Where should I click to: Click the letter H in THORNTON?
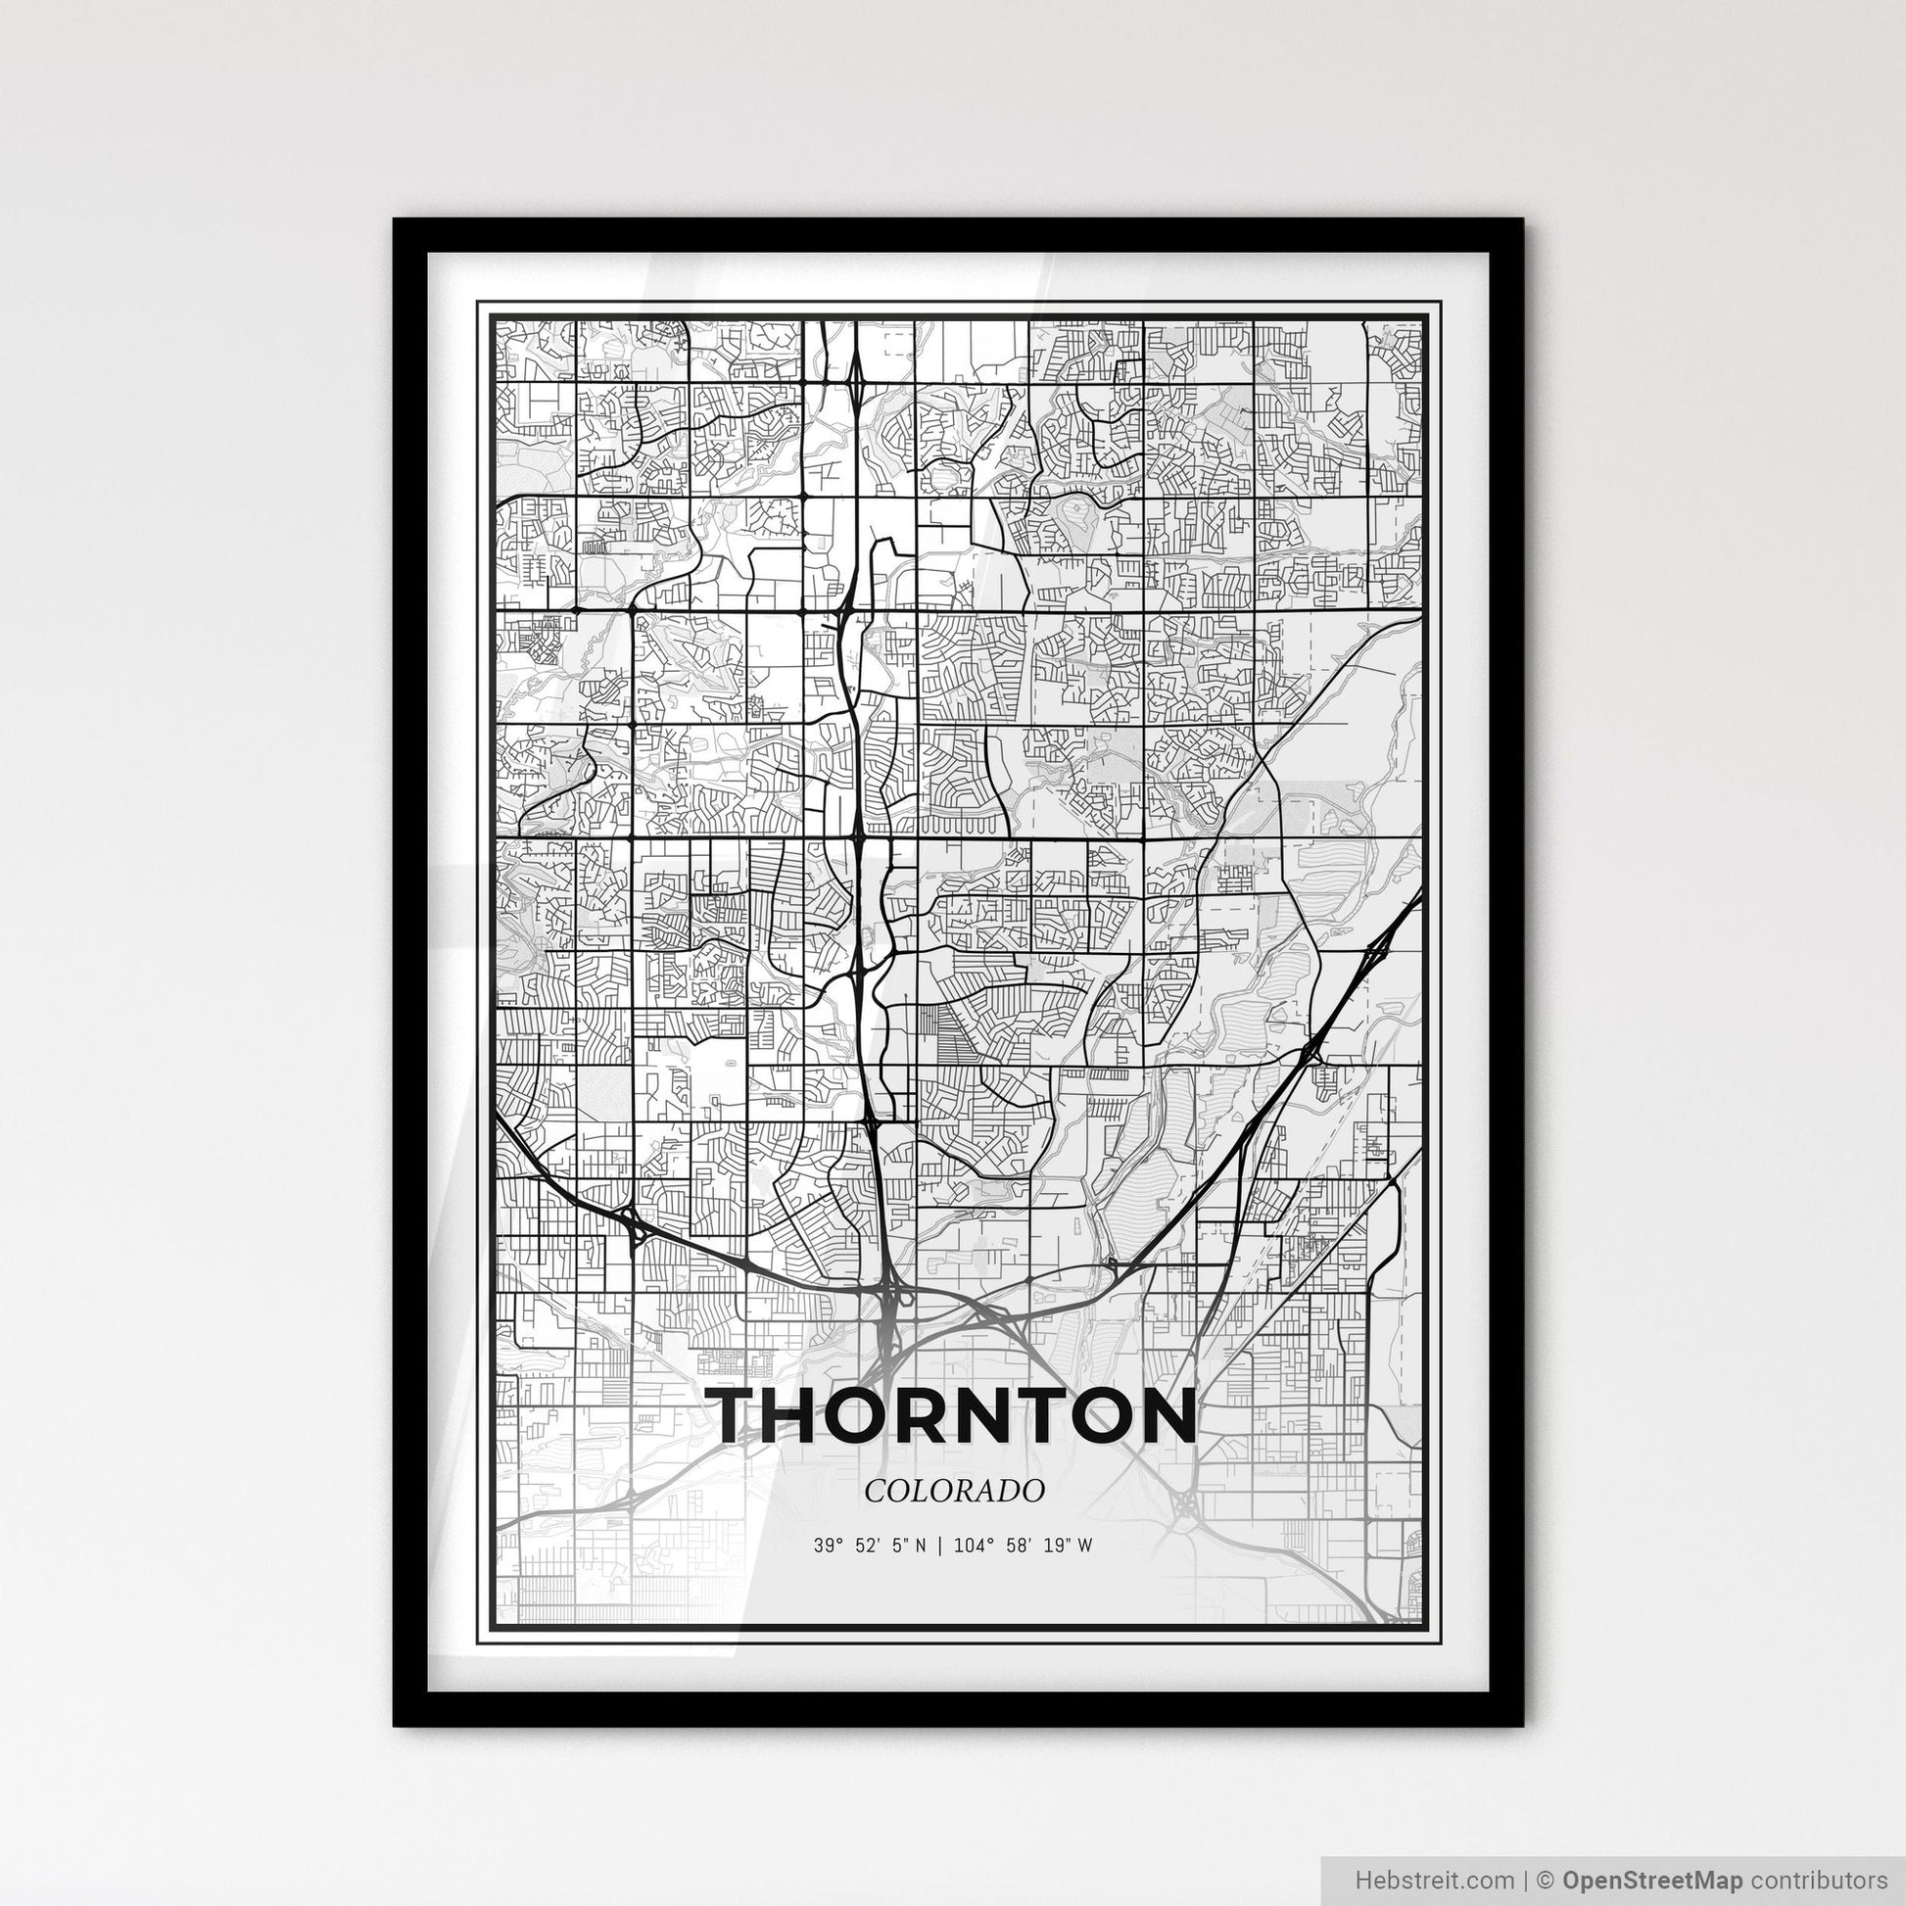[x=812, y=1415]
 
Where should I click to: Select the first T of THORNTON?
[x=742, y=1415]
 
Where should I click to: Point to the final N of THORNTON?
[x=1164, y=1415]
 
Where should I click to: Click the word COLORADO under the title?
[x=953, y=1491]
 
